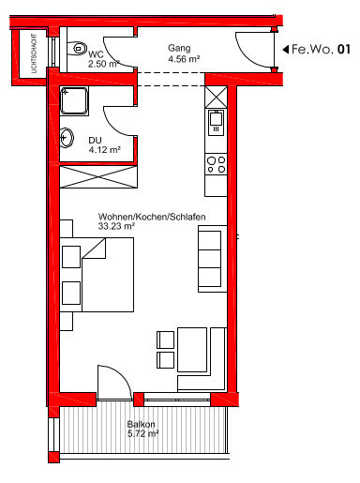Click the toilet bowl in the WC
(77, 49)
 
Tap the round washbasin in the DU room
(67, 138)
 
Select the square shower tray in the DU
(74, 101)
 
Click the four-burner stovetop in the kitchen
(216, 164)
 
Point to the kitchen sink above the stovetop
(216, 122)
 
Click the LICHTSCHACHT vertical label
(34, 53)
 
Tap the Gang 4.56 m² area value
(184, 59)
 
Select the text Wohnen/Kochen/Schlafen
(152, 217)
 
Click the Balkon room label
(141, 424)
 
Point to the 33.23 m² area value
(116, 226)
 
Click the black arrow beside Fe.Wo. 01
(285, 50)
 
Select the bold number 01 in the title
(344, 50)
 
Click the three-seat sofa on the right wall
(213, 259)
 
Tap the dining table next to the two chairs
(192, 350)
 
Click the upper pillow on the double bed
(71, 257)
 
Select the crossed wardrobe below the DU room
(98, 177)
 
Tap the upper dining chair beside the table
(165, 340)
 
